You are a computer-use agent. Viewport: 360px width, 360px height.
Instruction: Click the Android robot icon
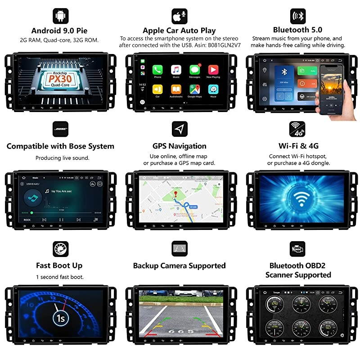(60, 16)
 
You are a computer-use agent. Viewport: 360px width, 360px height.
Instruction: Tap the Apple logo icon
(179, 16)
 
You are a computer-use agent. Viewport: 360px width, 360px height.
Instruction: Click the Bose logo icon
(60, 129)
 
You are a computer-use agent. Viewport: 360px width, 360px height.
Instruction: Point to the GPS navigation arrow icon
(179, 129)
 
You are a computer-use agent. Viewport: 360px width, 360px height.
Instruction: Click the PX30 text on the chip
(59, 77)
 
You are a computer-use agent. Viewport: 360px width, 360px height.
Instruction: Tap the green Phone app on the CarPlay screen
(157, 70)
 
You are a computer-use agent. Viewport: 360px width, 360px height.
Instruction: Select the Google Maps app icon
(194, 89)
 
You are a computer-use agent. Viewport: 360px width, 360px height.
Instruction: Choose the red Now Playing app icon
(213, 70)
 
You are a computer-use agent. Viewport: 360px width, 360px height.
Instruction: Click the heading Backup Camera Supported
(179, 265)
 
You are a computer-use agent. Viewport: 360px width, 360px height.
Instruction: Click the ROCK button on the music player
(27, 220)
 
